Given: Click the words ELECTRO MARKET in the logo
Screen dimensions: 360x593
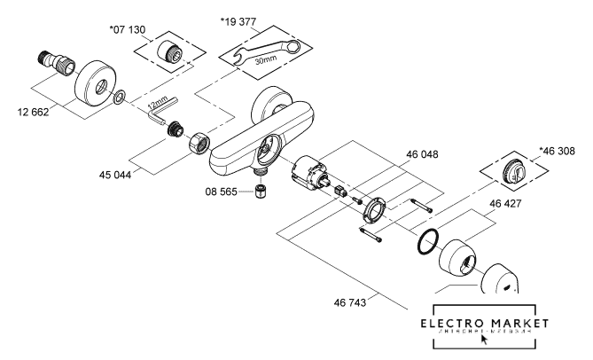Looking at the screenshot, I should (x=484, y=322).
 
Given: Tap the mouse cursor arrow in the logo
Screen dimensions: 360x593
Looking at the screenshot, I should (x=484, y=338).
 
